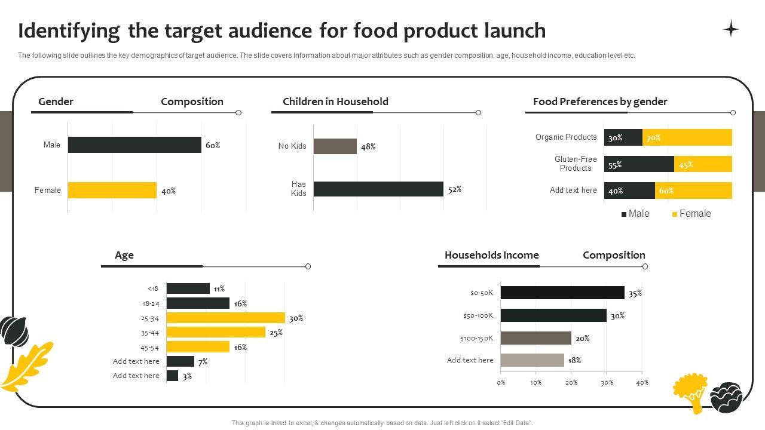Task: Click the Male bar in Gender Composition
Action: tap(134, 145)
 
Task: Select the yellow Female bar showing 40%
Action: tap(112, 190)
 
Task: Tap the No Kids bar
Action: tap(335, 146)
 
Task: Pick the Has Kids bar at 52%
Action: tap(378, 189)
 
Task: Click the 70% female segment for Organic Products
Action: tap(687, 137)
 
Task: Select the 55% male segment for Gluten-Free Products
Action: tap(639, 164)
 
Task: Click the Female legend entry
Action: tap(691, 214)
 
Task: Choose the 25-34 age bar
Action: tap(225, 318)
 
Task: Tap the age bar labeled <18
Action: tap(188, 288)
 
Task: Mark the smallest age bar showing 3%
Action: tap(172, 376)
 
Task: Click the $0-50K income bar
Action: tap(562, 293)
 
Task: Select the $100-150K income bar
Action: tap(535, 338)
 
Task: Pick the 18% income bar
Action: tap(532, 360)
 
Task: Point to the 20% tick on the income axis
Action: tap(571, 382)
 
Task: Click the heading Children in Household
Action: tap(335, 102)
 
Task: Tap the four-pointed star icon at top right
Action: tap(731, 29)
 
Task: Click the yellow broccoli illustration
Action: tap(690, 392)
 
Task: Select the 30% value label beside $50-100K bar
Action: tap(617, 316)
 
